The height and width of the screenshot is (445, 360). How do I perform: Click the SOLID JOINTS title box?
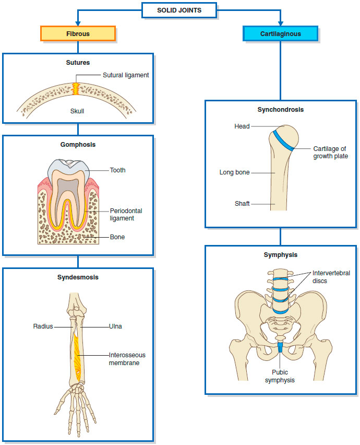(179, 10)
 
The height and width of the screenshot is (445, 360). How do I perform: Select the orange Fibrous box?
(78, 34)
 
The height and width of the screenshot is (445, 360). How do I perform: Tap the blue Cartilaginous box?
(280, 34)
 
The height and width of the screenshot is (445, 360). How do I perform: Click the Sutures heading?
(78, 63)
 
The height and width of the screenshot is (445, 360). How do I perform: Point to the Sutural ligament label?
(126, 75)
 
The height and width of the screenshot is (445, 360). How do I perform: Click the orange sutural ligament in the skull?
(76, 89)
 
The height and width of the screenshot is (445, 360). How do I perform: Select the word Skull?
(77, 111)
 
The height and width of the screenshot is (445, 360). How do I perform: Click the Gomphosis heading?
(78, 145)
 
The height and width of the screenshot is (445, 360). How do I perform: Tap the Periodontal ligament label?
(126, 215)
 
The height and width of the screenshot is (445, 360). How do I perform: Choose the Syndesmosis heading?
(78, 277)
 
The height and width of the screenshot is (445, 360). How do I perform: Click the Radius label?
(43, 326)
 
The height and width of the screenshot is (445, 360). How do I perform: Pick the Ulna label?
(116, 326)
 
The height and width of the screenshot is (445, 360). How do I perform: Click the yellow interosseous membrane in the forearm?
(77, 358)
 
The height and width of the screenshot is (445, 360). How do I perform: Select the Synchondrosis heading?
(281, 110)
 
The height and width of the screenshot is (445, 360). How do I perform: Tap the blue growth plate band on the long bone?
(283, 140)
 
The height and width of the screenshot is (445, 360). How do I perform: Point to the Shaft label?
(242, 204)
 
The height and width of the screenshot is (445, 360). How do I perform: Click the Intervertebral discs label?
(331, 277)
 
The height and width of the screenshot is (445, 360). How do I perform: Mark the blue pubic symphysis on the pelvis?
(280, 347)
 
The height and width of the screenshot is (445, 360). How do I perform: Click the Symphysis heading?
(281, 255)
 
